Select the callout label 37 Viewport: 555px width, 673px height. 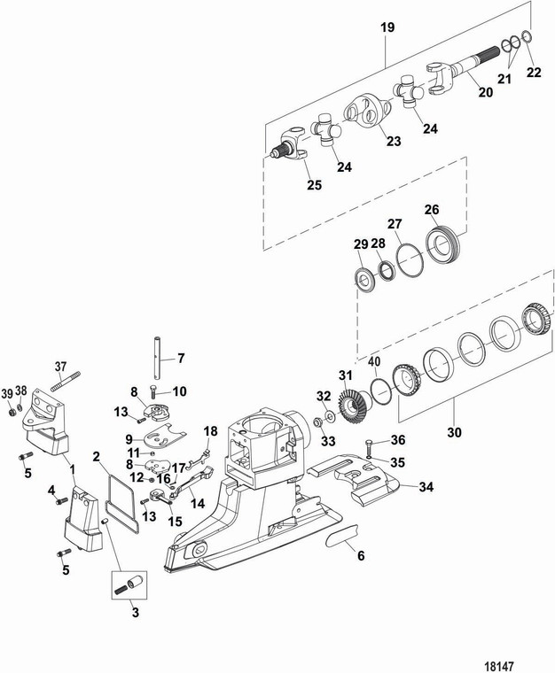[x=60, y=367]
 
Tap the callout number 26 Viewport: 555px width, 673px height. [x=457, y=210]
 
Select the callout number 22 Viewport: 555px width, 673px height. [x=533, y=73]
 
